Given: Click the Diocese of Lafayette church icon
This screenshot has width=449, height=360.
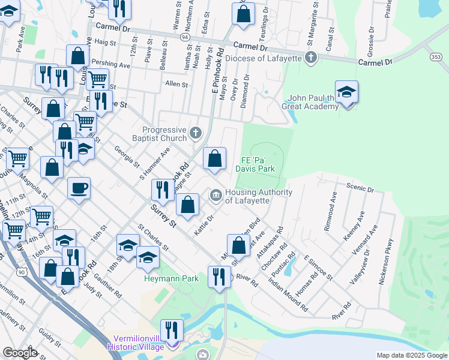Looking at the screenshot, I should [310, 58].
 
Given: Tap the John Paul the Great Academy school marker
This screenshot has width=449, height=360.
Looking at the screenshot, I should [346, 92].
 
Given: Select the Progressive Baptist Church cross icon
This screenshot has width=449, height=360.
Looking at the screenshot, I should [196, 131].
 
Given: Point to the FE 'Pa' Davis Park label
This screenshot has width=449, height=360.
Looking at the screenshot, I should [258, 164].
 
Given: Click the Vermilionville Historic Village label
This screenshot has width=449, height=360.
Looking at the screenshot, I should [135, 342].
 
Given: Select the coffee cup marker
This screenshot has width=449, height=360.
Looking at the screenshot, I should [79, 189].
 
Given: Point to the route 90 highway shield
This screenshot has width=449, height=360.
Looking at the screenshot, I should [22, 272].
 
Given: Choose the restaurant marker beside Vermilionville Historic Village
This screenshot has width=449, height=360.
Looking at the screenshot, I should [172, 331].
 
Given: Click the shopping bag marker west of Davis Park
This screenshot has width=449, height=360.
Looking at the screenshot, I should [214, 159].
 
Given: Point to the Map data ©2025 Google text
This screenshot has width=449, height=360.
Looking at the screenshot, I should [411, 355].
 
